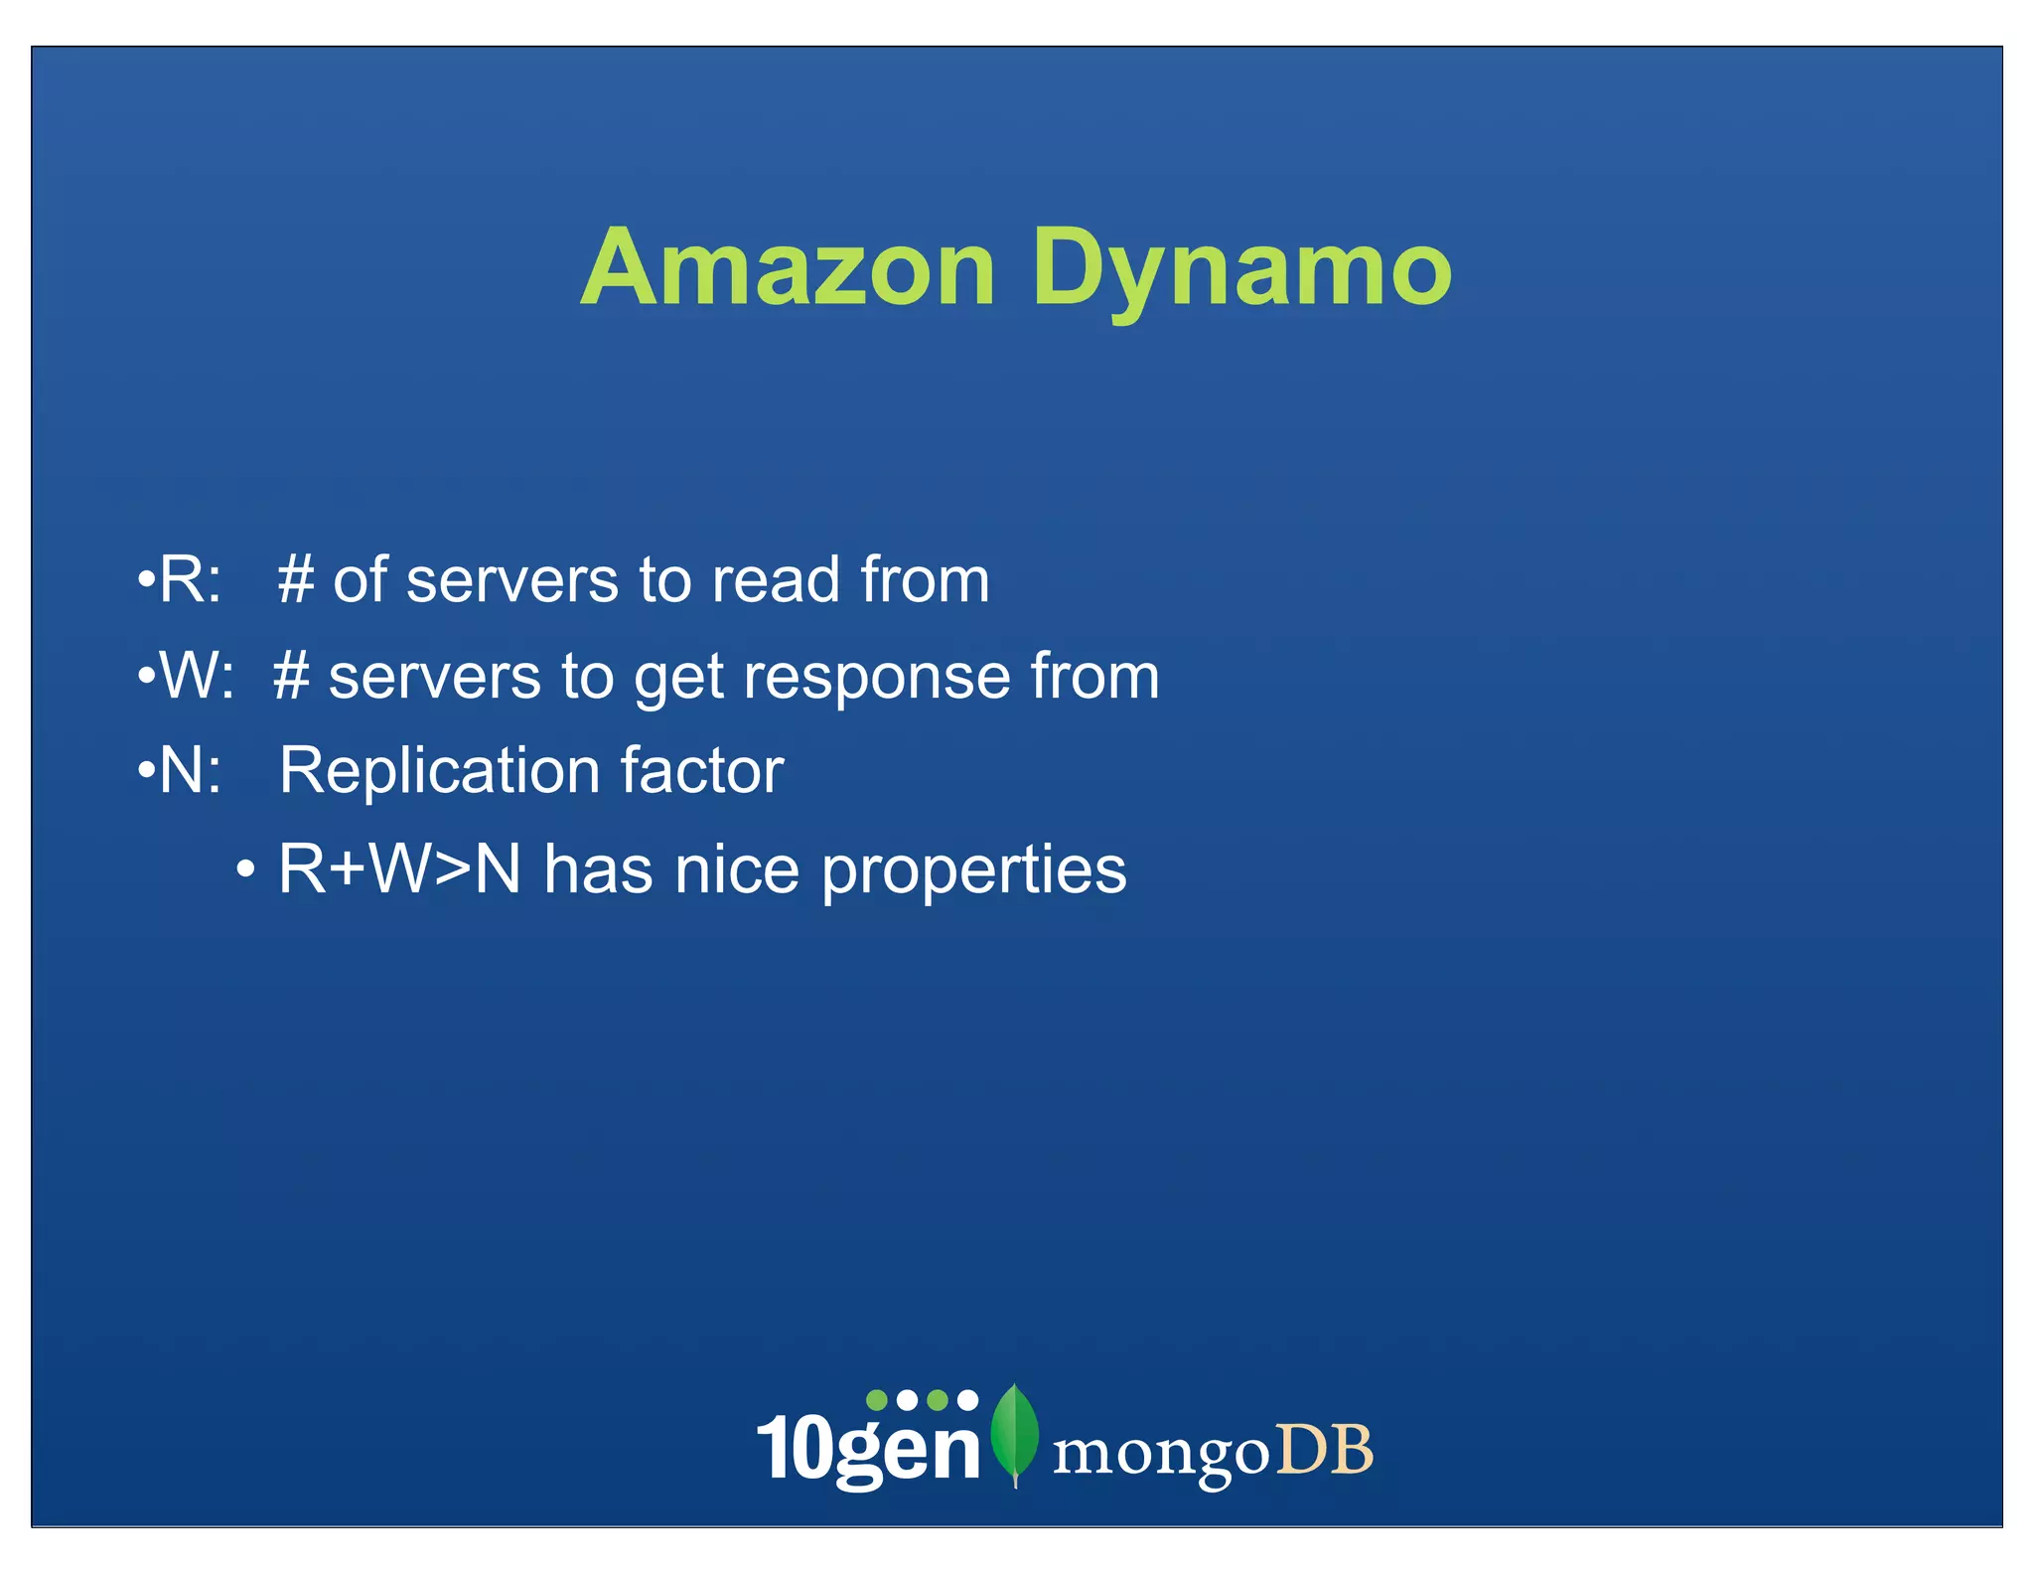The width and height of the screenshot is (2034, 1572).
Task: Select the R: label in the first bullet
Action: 189,580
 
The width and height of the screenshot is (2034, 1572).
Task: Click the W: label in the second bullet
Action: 196,677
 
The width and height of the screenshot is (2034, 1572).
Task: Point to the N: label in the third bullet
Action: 189,771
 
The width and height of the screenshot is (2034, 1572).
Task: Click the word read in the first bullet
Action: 776,580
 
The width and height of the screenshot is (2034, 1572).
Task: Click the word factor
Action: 701,771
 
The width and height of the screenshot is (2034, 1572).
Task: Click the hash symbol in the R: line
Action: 296,580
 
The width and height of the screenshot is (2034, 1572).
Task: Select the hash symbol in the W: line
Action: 292,677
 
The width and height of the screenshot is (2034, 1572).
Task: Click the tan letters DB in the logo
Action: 1325,1451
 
